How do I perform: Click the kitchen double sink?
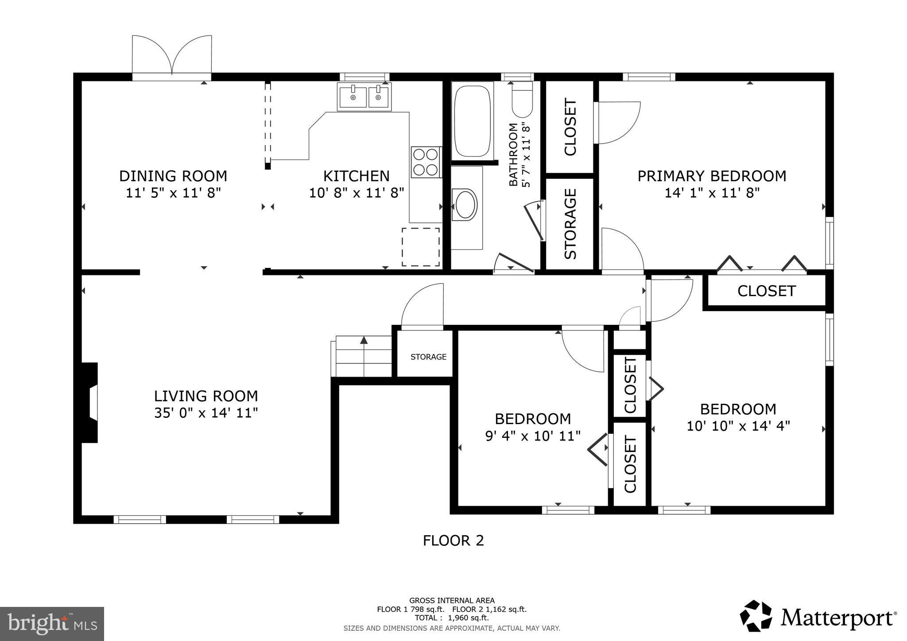(364, 97)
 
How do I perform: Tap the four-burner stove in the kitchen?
(426, 162)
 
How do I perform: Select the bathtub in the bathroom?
(472, 120)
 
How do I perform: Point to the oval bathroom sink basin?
(465, 205)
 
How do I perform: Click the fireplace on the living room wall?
(90, 402)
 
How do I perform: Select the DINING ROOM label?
(173, 176)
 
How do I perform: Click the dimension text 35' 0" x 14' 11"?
(206, 413)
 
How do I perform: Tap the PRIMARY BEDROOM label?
(712, 176)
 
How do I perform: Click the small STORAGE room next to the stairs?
(428, 357)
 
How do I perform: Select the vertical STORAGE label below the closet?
(570, 224)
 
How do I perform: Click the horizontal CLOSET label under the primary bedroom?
(766, 291)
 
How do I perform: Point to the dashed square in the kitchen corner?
(420, 247)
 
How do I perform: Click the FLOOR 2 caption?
(453, 541)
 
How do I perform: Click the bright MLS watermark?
(52, 624)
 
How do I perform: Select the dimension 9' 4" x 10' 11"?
(533, 436)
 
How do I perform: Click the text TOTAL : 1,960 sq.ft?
(452, 618)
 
